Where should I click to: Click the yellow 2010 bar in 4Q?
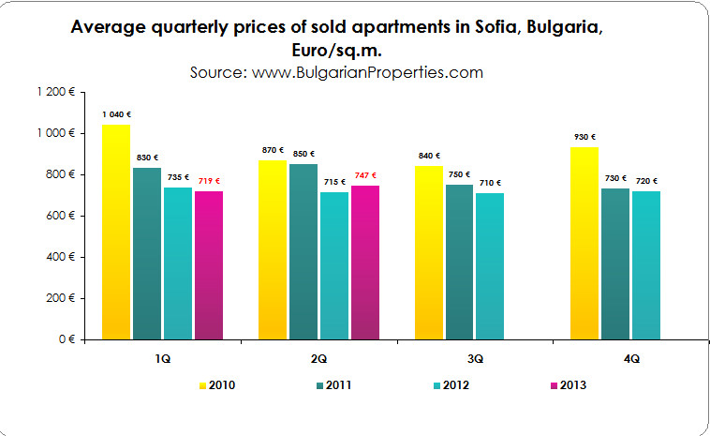click(x=584, y=243)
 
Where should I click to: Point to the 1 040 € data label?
click(x=116, y=114)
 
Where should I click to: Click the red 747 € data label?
click(x=365, y=175)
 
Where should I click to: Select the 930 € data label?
click(x=584, y=137)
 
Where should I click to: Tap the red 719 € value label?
click(x=209, y=181)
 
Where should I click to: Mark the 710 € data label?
click(x=491, y=183)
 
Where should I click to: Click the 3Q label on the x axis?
click(x=475, y=358)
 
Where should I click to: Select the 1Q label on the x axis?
click(x=163, y=358)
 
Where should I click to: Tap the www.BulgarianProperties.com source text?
click(x=367, y=71)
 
